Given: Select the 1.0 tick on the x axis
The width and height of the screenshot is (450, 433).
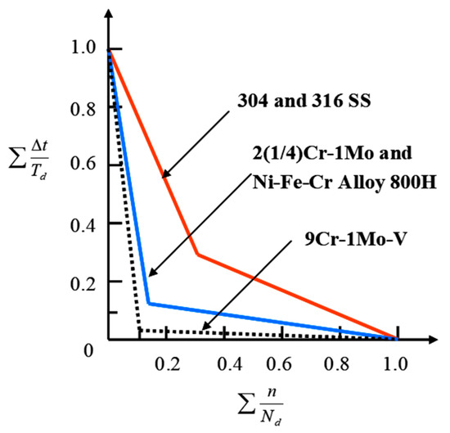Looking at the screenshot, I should [397, 361].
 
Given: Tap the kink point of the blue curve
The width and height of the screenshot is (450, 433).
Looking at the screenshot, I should [147, 304].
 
